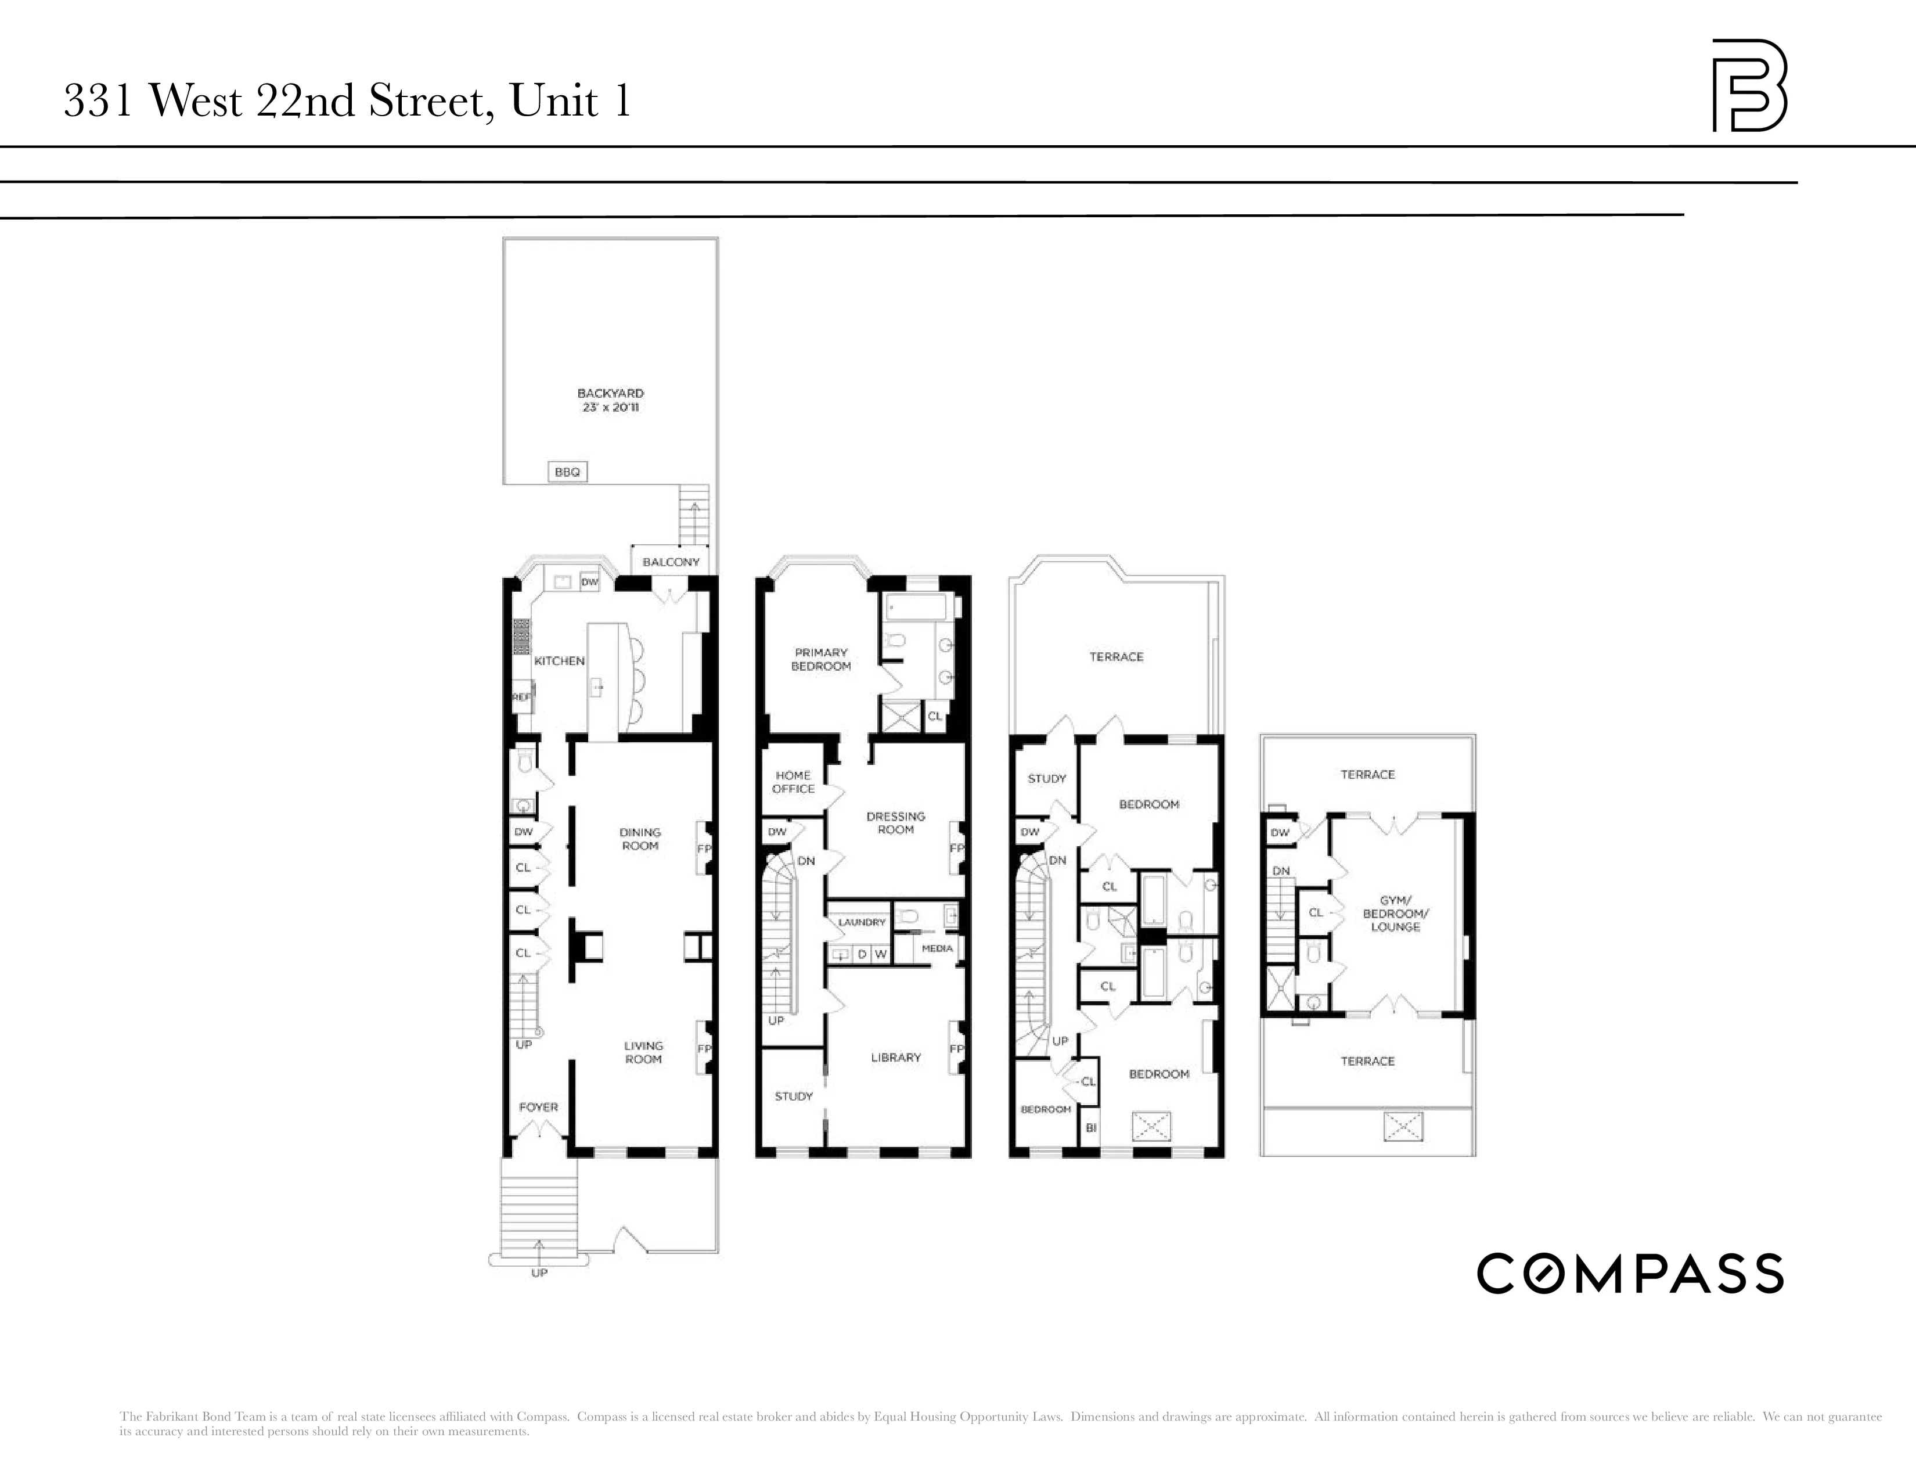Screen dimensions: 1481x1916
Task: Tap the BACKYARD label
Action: pyautogui.click(x=611, y=393)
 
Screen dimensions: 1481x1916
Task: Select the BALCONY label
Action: pyautogui.click(x=671, y=562)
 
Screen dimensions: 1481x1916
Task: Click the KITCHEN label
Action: pyautogui.click(x=559, y=661)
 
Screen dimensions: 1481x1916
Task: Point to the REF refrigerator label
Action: pyautogui.click(x=521, y=696)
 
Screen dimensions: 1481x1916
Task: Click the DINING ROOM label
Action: pyautogui.click(x=640, y=839)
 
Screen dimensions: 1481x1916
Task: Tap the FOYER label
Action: pyautogui.click(x=538, y=1106)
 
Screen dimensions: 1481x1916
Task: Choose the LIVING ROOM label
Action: pyautogui.click(x=643, y=1052)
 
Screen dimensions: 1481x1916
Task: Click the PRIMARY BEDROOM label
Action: pyautogui.click(x=821, y=659)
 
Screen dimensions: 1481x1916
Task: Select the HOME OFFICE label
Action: pyautogui.click(x=793, y=782)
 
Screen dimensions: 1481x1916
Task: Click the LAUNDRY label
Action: pyautogui.click(x=862, y=922)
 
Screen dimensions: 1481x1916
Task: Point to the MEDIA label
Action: pyautogui.click(x=937, y=948)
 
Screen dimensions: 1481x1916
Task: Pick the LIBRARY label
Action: pyautogui.click(x=896, y=1057)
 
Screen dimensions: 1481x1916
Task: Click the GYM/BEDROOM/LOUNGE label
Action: pyautogui.click(x=1395, y=914)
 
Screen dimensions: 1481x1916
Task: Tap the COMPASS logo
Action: pyautogui.click(x=1630, y=1273)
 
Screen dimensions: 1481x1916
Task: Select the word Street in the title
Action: pyautogui.click(x=426, y=101)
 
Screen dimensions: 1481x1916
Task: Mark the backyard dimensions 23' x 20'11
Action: pyautogui.click(x=611, y=407)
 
